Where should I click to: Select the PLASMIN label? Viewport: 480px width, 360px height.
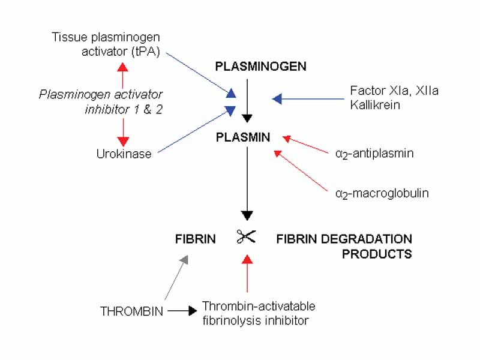point(244,137)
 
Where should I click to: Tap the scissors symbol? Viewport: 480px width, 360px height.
point(246,237)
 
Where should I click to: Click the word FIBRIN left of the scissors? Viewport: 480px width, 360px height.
point(195,239)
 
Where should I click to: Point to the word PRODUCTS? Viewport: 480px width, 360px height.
point(377,254)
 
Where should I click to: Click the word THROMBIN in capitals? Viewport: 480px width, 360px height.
point(131,311)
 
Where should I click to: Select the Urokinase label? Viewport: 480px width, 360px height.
point(124,154)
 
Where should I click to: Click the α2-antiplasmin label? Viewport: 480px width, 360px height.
point(375,154)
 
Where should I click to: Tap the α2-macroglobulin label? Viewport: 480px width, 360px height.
point(382,194)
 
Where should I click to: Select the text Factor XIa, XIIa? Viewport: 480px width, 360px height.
point(385,91)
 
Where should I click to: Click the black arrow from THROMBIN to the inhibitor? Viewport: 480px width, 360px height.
point(182,311)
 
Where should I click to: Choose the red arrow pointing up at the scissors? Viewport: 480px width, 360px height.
point(246,273)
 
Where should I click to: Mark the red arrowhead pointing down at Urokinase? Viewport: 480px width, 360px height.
point(123,141)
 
